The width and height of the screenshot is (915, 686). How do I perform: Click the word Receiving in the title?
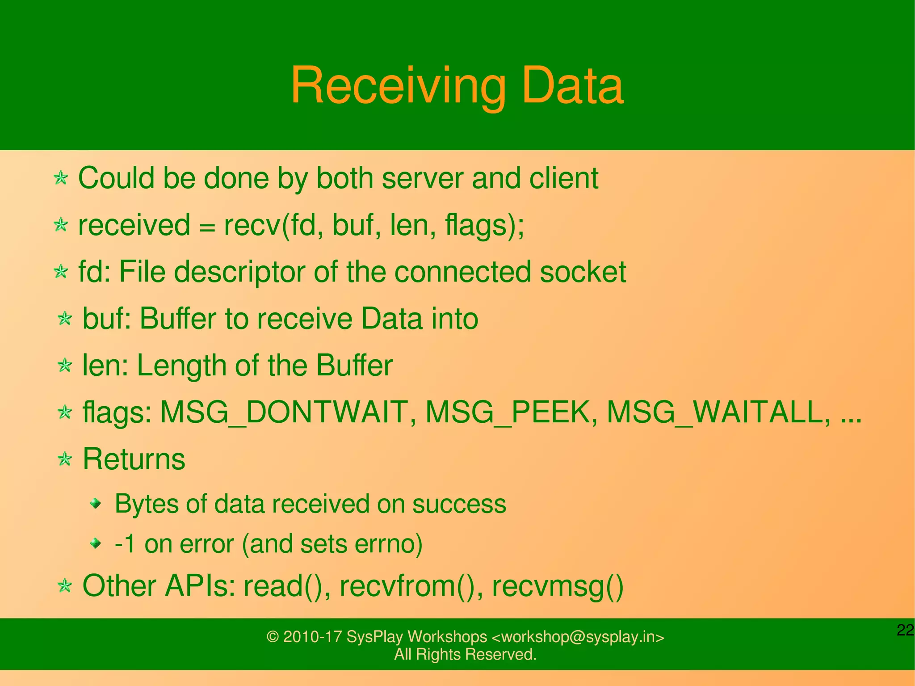pyautogui.click(x=398, y=86)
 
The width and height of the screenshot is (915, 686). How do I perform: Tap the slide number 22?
pyautogui.click(x=905, y=630)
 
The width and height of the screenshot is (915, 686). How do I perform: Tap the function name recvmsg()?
pyautogui.click(x=557, y=586)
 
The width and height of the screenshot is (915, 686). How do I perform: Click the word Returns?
pyautogui.click(x=134, y=459)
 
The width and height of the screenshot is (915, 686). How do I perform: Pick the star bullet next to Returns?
pyautogui.click(x=65, y=459)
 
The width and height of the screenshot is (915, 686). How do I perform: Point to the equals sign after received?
pyautogui.click(x=206, y=226)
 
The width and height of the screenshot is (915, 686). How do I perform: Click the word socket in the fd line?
pyautogui.click(x=583, y=272)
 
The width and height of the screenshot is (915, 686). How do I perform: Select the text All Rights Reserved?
pyautogui.click(x=465, y=655)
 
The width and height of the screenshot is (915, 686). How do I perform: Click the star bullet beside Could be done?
pyautogui.click(x=60, y=178)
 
